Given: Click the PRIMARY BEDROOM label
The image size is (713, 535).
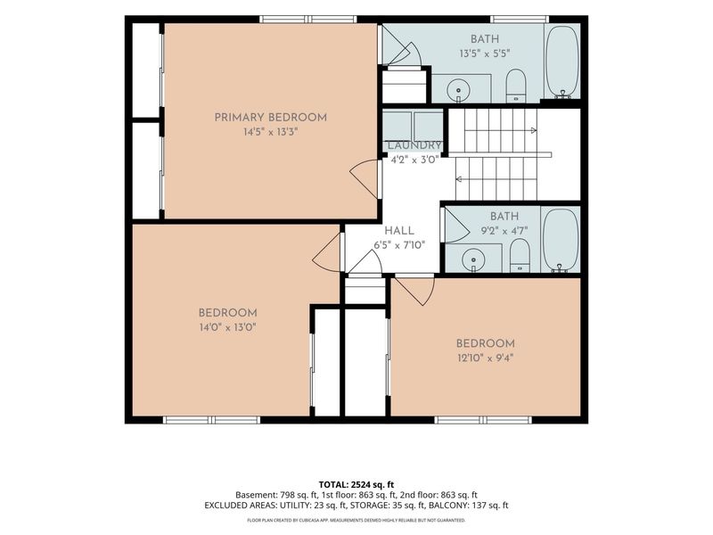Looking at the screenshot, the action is (x=271, y=118).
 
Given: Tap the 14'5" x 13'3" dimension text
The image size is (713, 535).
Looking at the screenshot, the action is (x=271, y=132).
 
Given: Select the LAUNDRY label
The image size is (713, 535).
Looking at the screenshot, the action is (x=414, y=145).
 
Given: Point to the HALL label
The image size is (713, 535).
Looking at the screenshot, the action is (x=399, y=231).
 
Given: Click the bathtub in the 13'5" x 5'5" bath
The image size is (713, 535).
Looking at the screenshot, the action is (x=562, y=62).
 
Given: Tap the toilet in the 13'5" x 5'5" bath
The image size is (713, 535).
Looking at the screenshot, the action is (x=516, y=86).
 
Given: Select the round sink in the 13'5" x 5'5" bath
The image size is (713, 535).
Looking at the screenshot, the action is (x=458, y=90).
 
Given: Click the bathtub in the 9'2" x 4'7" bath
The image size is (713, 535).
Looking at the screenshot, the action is (x=561, y=240).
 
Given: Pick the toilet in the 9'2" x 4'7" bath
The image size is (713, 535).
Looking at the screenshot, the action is (x=520, y=255).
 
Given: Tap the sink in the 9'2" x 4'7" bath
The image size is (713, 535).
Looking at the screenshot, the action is (x=473, y=260).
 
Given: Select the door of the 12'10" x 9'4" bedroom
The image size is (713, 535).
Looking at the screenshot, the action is (x=414, y=291).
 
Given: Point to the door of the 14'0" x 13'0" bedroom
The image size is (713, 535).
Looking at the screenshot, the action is (x=327, y=253).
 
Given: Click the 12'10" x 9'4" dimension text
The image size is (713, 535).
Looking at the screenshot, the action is (x=485, y=358).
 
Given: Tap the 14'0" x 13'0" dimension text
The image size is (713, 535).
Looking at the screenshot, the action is (x=227, y=327).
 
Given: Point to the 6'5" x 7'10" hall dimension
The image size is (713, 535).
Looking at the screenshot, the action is (x=399, y=246).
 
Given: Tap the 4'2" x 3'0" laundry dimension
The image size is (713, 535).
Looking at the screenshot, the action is (x=414, y=160).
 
